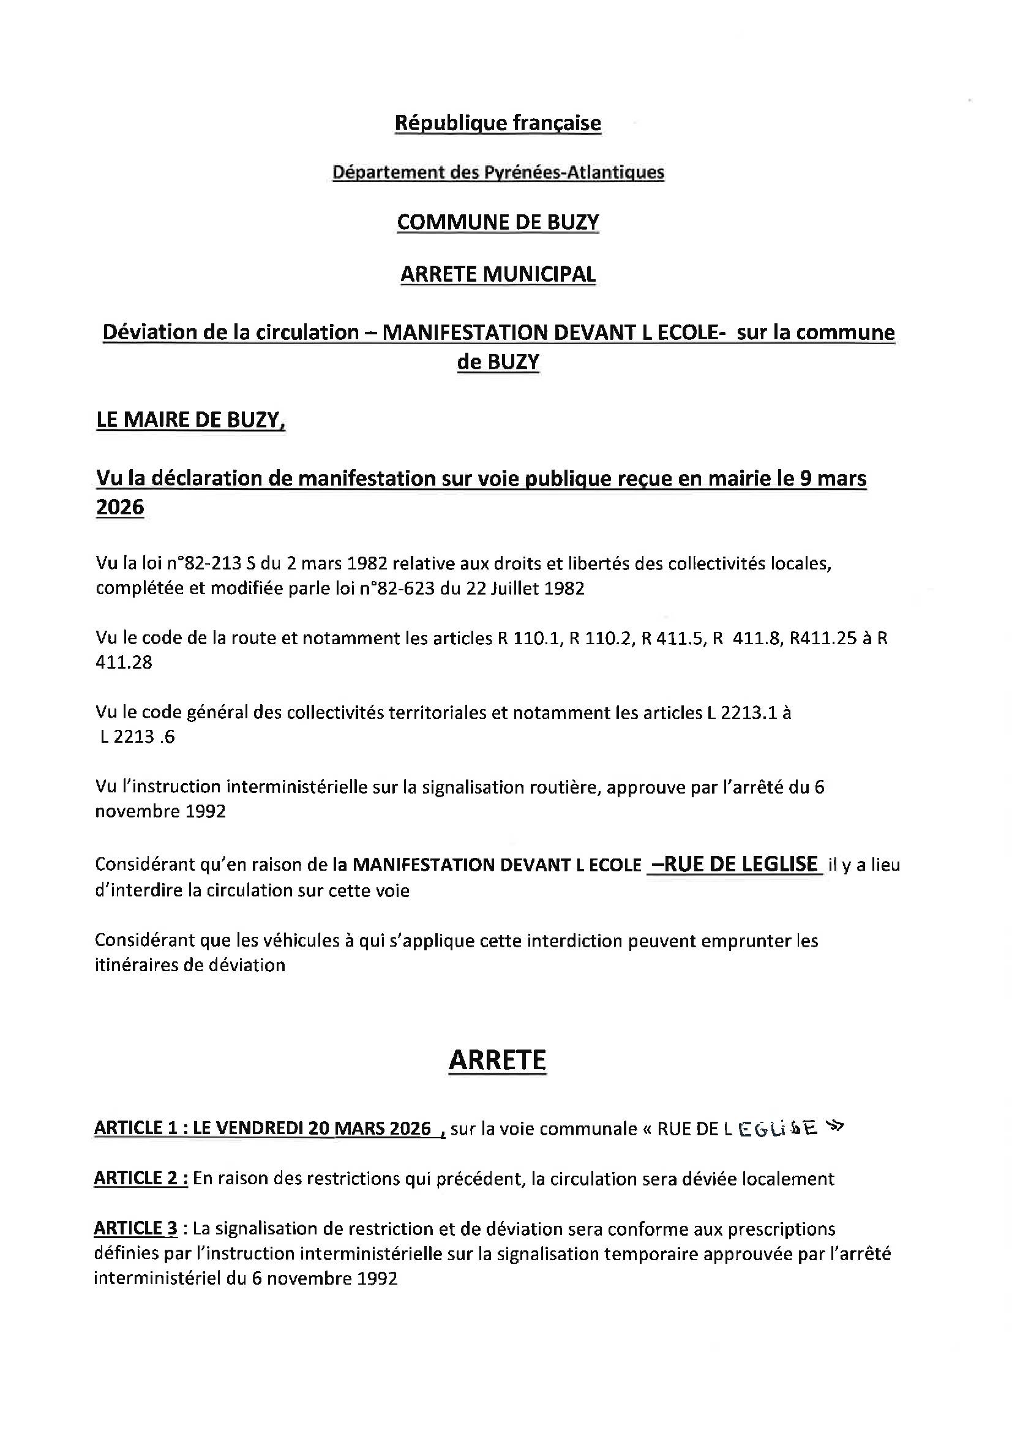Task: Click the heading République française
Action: click(498, 123)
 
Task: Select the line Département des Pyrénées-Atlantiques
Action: click(498, 172)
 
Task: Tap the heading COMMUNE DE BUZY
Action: click(498, 222)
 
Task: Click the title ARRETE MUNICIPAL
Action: click(498, 274)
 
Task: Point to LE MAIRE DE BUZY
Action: click(190, 420)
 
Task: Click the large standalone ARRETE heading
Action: click(497, 1060)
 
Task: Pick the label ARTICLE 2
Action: click(140, 1178)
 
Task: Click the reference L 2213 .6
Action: click(137, 737)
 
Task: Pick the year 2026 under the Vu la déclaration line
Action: click(119, 508)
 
